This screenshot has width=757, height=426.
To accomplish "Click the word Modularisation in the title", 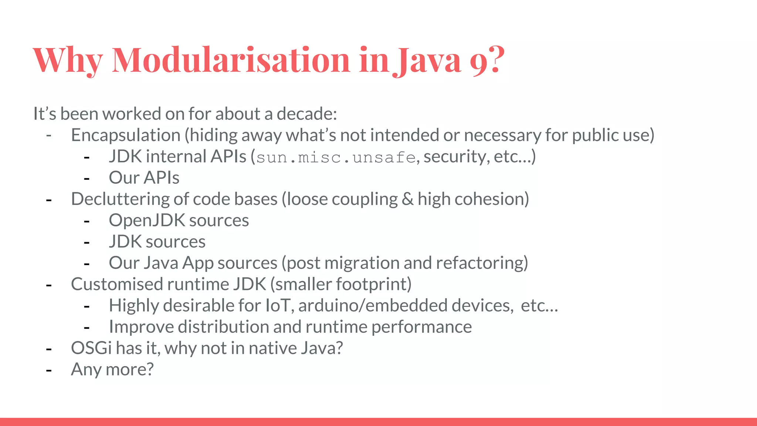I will [x=231, y=60].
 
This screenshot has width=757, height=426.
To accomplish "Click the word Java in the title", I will [x=429, y=60].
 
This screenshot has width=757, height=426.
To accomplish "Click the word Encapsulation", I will [x=126, y=135].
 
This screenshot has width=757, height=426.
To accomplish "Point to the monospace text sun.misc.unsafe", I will [x=336, y=158].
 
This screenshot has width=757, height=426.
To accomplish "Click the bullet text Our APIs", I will [x=144, y=178].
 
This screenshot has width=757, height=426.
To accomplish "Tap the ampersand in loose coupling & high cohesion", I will [x=407, y=199].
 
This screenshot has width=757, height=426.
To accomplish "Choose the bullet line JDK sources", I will [x=157, y=242].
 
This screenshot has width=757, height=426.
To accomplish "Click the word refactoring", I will [x=481, y=263].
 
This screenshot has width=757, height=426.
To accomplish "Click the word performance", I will [x=421, y=327].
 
